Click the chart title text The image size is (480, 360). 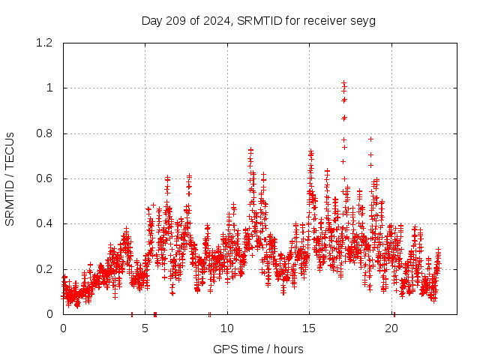coord(259,20)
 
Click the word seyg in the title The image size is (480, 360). coord(363,20)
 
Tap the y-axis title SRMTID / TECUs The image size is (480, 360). coord(10,178)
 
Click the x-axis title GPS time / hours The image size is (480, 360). coord(258,349)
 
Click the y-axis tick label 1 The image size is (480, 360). coord(49,88)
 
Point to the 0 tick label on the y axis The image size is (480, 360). coord(49,314)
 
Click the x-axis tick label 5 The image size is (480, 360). coord(145,328)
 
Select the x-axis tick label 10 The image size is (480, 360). coord(227,328)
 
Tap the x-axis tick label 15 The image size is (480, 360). coord(310,328)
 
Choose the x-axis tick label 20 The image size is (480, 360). coord(391,328)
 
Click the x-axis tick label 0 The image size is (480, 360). coord(63,328)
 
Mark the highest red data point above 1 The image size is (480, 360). coord(343,83)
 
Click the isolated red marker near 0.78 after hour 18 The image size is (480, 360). coord(370,139)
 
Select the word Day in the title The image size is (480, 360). coord(151,20)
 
